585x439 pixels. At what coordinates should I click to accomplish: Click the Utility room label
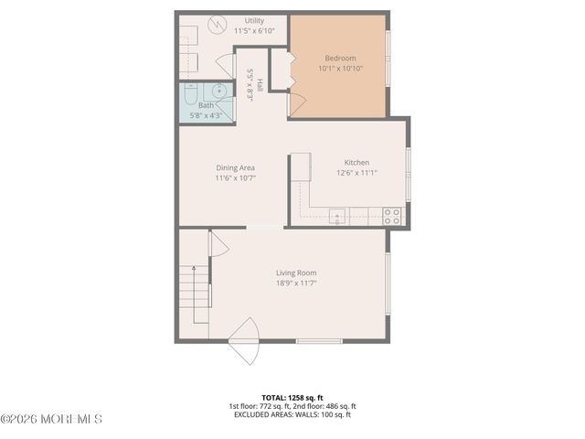coord(254,21)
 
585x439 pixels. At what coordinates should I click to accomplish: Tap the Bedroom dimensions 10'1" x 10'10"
coord(340,68)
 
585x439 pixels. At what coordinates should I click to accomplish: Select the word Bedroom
coord(340,58)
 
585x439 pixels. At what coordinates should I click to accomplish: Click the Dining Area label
coord(235,168)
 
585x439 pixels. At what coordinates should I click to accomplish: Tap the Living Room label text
coord(296,273)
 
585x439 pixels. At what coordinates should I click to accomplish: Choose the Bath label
coord(206,105)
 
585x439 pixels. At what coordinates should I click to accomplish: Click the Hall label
coord(260,85)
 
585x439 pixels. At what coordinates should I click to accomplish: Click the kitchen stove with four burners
coord(391,216)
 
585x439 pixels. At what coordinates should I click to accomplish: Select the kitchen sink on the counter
coord(336,217)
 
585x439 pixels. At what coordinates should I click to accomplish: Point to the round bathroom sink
coord(219,91)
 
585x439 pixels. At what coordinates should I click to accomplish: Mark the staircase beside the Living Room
coord(194,293)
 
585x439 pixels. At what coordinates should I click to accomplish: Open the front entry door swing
coord(245,340)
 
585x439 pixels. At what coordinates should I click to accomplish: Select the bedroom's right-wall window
coord(388,57)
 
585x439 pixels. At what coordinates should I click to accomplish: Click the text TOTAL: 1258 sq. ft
coord(292,398)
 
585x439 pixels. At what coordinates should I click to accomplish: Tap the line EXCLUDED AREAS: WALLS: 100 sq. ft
coord(292,414)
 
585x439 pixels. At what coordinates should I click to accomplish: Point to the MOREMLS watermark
coord(52,420)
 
